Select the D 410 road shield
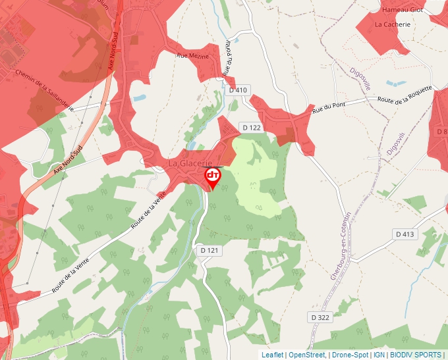point(238,90)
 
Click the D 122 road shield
point(252,127)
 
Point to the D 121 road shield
point(208,250)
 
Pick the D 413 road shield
point(405,234)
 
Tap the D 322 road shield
point(320,317)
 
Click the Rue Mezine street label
point(192,56)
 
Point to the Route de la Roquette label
point(405,95)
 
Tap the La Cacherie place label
point(392,24)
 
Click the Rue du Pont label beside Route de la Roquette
point(329,107)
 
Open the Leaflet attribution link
point(272,355)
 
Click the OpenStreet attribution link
point(306,355)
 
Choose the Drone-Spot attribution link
point(349,355)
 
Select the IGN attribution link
point(379,355)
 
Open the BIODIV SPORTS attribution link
point(415,355)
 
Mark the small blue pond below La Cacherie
point(396,84)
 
